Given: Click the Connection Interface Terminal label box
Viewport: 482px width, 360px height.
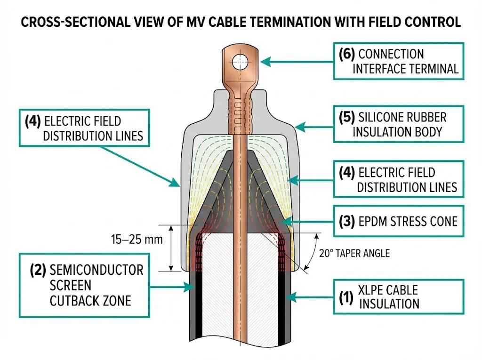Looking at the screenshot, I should pos(398,61).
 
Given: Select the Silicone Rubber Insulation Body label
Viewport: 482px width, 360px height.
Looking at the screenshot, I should pos(398,124).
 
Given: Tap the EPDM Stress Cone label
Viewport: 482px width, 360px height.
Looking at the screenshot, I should pos(398,220).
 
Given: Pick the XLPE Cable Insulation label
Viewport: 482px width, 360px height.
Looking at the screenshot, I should pos(398,296).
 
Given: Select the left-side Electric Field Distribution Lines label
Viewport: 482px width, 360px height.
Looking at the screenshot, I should pos(84,128).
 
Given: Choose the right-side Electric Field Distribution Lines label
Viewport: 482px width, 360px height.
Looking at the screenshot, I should pos(398,179).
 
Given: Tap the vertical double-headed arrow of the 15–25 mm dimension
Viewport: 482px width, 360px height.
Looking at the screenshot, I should pos(171,248).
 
